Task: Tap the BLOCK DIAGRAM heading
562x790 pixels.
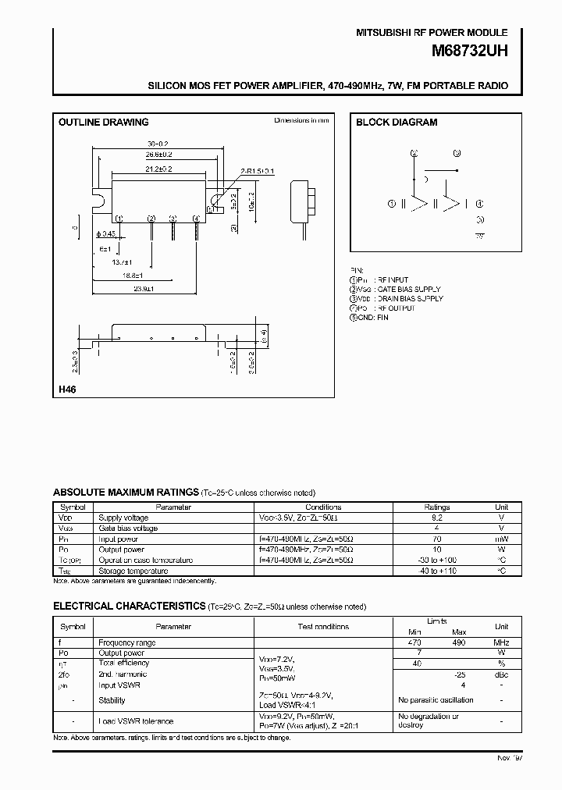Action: click(397, 123)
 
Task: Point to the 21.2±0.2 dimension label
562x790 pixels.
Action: click(158, 169)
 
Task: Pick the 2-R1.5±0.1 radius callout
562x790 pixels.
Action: click(258, 170)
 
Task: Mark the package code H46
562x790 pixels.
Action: click(67, 390)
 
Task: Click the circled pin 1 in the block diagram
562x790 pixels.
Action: click(391, 204)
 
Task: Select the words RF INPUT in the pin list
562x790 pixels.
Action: click(393, 279)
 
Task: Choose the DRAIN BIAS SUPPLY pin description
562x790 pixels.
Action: click(409, 298)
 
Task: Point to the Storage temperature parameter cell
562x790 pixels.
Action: click(132, 571)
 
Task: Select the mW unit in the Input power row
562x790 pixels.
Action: click(501, 539)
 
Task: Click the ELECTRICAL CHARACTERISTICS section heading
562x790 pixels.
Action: click(129, 607)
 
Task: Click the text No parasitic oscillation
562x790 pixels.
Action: click(436, 700)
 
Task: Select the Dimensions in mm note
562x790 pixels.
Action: click(301, 121)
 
